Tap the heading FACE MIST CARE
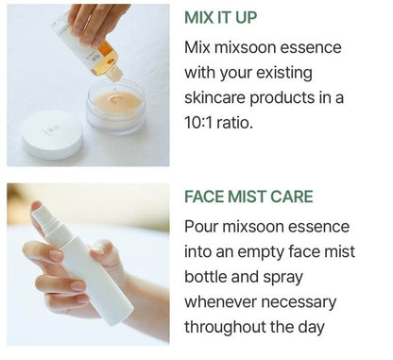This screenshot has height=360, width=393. click(248, 198)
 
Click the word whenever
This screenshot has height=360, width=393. click(227, 303)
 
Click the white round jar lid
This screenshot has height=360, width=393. click(52, 135)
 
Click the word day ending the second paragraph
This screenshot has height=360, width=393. click(308, 328)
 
